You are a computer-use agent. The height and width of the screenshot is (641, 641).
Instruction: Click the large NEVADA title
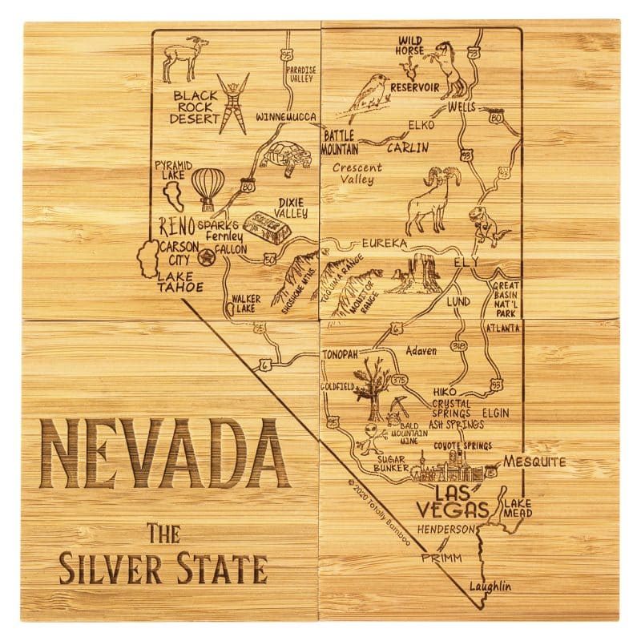tap(165, 453)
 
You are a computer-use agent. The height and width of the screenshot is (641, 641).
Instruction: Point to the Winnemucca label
tap(287, 117)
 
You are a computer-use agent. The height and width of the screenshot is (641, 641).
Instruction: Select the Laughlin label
tap(489, 587)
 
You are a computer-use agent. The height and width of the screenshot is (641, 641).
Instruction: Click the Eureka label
tap(385, 242)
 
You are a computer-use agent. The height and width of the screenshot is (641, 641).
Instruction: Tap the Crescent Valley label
tap(357, 174)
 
